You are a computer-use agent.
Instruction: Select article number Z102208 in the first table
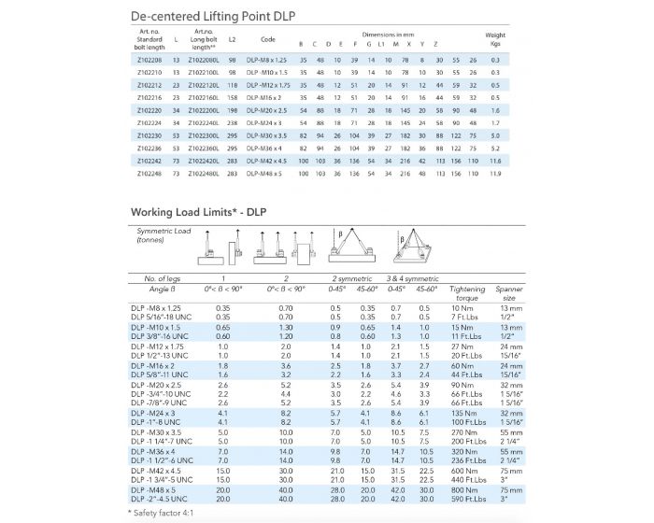[149, 59]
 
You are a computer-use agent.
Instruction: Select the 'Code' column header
[267, 41]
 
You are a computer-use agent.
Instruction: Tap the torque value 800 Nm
[463, 489]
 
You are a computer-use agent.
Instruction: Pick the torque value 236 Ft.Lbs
[465, 460]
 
